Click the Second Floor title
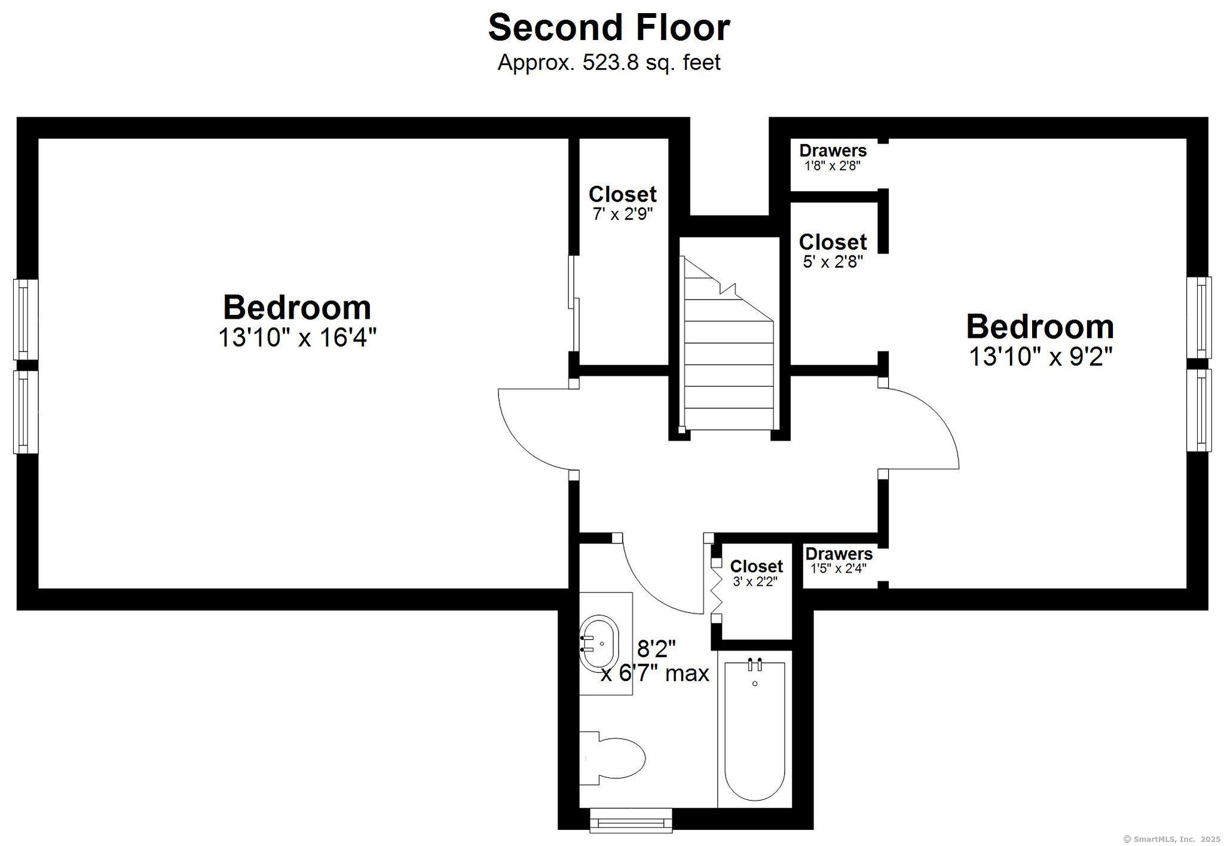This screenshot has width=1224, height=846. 609,28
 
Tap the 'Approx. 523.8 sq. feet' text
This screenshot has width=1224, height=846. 609,62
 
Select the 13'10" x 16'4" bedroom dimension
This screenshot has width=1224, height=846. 297,337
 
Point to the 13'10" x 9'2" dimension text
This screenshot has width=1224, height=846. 1041,357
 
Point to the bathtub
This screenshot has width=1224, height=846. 754,729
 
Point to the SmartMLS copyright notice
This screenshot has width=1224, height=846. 1172,839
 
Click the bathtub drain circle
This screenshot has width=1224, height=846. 755,683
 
